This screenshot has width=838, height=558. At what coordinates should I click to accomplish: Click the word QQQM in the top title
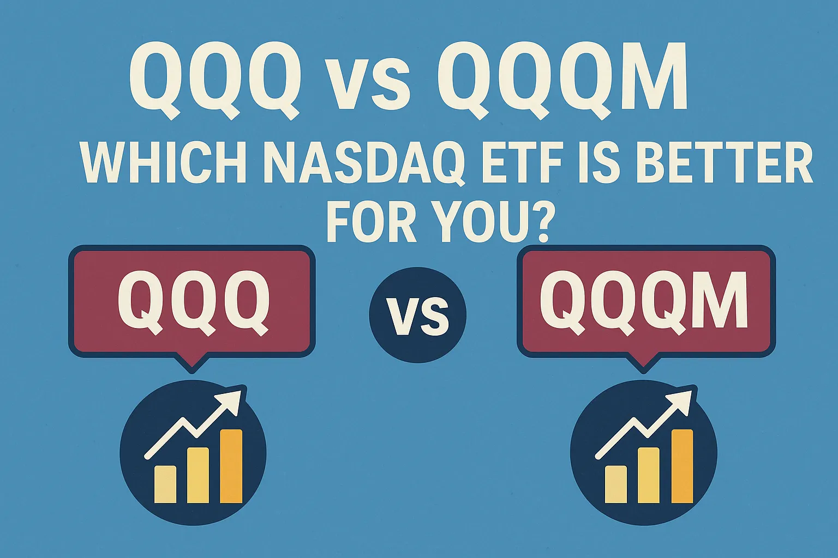tap(562, 79)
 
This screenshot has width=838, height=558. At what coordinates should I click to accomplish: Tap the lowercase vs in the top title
tap(368, 87)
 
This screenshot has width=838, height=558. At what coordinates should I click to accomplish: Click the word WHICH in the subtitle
tap(164, 165)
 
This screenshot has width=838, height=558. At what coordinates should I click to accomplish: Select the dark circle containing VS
tap(417, 315)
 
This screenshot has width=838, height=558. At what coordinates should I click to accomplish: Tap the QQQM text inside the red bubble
tap(643, 301)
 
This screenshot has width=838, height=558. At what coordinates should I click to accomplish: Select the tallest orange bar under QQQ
tap(231, 466)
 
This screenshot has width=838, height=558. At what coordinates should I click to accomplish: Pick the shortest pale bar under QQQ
tap(165, 484)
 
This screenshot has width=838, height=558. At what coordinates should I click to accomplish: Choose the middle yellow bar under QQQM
tap(648, 475)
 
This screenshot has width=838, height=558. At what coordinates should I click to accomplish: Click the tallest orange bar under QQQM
tap(682, 466)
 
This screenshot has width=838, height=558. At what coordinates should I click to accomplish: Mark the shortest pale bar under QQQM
tap(616, 484)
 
